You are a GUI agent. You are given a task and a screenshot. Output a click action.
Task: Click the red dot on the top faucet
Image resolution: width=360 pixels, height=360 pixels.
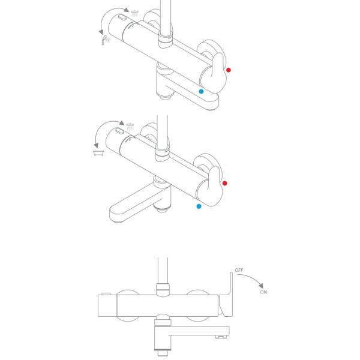(229, 70)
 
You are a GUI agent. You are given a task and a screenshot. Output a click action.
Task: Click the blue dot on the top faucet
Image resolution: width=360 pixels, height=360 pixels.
(201, 92)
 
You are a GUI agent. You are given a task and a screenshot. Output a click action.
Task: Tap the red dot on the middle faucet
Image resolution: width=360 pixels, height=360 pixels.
(224, 183)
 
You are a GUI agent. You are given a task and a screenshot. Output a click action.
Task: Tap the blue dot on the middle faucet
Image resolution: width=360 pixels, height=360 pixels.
(199, 206)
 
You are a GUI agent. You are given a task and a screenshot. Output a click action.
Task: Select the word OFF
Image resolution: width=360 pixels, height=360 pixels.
(239, 270)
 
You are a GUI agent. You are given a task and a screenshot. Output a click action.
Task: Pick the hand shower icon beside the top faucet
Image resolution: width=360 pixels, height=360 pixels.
(105, 40)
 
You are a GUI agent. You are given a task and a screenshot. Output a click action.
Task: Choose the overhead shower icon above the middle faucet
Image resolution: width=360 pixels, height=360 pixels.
(130, 125)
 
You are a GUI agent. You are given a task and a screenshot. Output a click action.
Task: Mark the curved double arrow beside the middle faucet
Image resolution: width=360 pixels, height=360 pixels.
(104, 135)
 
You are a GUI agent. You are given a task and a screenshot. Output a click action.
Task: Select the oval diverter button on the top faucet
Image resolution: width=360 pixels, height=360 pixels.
(123, 18)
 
